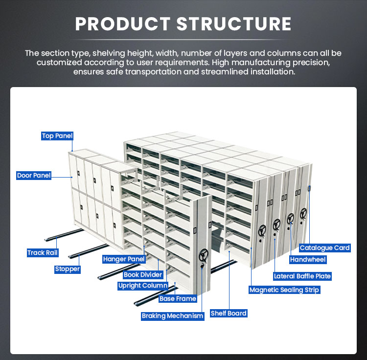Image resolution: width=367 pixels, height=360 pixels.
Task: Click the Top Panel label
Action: point(57,136)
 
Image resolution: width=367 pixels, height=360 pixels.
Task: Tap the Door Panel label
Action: point(34,176)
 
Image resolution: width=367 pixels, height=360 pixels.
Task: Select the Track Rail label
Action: point(43,252)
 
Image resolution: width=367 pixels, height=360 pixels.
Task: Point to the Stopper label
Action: point(68,269)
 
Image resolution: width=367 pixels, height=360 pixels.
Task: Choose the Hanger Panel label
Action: point(124,259)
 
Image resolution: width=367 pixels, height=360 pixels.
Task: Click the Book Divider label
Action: point(143,274)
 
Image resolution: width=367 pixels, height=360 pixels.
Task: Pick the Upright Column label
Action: point(143,286)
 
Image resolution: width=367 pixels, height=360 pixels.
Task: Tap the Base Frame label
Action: point(178,299)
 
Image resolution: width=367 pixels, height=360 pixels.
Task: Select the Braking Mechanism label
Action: point(173,316)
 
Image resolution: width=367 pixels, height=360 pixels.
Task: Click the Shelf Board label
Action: point(229,314)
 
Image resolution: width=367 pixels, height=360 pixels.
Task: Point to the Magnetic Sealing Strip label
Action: point(284,290)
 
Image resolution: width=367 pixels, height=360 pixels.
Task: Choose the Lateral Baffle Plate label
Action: point(302,276)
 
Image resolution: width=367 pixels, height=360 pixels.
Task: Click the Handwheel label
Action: point(308,260)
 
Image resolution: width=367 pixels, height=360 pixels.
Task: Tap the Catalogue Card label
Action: point(324,248)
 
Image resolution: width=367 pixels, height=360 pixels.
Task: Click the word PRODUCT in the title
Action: point(123,24)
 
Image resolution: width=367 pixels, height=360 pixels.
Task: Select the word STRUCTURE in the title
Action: point(234,24)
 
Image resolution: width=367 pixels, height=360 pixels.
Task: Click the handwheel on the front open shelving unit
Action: point(203,256)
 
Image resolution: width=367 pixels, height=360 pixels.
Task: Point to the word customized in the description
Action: point(59,63)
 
